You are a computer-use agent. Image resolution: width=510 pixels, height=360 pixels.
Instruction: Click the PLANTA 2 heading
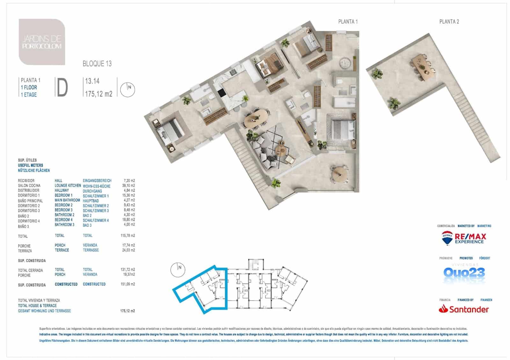point(449,22)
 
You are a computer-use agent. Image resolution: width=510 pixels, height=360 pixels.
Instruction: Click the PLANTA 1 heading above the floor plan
point(348,22)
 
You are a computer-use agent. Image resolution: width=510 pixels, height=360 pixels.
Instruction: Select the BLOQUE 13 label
point(97,63)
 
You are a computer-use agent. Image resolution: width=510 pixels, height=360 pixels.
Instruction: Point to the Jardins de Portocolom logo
point(42,42)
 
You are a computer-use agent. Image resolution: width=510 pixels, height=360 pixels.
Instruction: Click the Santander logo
point(464,309)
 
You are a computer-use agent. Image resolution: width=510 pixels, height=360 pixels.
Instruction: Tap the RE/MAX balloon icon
point(447,238)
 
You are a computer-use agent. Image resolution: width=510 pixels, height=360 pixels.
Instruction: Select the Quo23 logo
point(464,273)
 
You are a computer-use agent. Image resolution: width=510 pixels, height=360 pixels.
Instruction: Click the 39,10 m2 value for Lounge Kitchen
point(128,185)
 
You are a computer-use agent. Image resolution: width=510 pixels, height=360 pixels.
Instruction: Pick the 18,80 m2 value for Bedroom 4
point(128,220)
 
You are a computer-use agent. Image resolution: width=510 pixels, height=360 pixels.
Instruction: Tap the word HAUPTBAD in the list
point(91,201)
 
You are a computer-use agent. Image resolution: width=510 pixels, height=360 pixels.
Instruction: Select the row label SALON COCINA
point(29,185)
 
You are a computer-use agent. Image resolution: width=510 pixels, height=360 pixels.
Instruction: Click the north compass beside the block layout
point(178,269)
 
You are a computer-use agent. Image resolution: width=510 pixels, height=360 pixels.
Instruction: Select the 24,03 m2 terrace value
point(128,250)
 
